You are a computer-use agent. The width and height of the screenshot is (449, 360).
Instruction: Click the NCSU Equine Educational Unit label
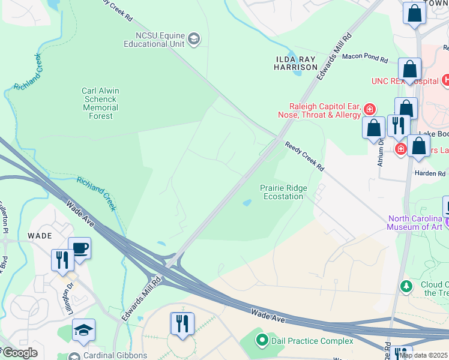tap(154, 39)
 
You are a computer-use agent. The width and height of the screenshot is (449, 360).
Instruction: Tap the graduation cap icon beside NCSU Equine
tap(194, 40)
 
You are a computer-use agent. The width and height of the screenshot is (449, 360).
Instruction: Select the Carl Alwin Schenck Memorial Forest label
tap(100, 103)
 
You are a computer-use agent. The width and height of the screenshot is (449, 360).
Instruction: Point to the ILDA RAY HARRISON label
tap(295, 63)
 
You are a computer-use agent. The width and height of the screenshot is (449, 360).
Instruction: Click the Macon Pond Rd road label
tap(366, 58)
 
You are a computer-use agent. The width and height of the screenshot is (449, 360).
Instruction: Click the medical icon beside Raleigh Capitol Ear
tap(370, 109)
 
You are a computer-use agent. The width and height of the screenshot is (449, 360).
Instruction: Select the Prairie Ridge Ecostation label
tap(283, 192)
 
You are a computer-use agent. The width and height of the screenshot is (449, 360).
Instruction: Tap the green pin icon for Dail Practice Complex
tap(262, 341)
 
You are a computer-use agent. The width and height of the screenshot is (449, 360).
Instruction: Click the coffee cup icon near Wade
tap(79, 248)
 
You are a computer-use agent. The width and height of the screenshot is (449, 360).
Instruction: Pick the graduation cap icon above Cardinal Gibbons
tap(84, 329)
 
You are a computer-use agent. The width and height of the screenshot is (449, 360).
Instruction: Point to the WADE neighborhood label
tap(40, 236)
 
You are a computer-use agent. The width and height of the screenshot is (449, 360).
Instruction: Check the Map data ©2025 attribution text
tap(423, 355)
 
